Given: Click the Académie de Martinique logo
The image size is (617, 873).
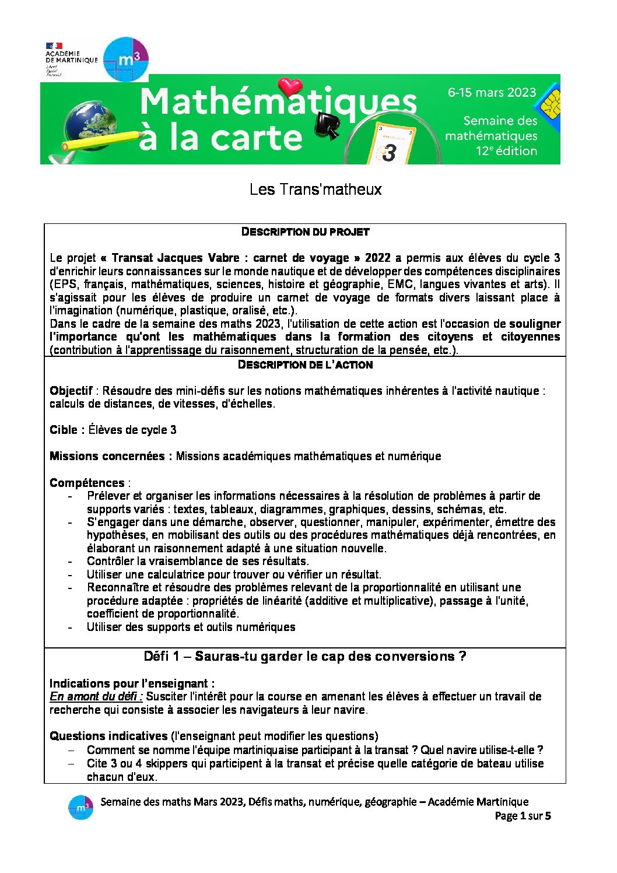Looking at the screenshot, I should point(71,59).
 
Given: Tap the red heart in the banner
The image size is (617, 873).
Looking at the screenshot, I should point(290,87).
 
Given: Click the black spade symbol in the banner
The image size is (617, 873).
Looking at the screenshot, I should point(327,125).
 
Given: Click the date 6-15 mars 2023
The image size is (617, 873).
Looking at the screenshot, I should point(492,92).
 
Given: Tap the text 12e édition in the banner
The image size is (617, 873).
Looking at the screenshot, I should point(506,150).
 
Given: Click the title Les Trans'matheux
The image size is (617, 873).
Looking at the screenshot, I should point(315,189).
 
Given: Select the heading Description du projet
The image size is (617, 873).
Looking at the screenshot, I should point(305,232).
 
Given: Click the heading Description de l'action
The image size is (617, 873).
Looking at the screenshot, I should point(305,364).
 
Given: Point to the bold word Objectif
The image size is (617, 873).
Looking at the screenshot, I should point(71,391).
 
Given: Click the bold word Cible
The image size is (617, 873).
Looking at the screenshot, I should point(64,430).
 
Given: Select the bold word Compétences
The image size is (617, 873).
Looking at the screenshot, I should point(87,483).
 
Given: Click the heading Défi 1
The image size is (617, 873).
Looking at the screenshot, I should point(304,656).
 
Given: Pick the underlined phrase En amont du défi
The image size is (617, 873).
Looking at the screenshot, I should point(96,696).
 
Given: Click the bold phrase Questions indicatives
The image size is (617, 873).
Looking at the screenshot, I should point(108,736).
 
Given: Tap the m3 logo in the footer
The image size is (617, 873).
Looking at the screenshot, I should point(80,808).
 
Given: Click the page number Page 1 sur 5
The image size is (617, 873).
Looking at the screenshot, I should point(523,816).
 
